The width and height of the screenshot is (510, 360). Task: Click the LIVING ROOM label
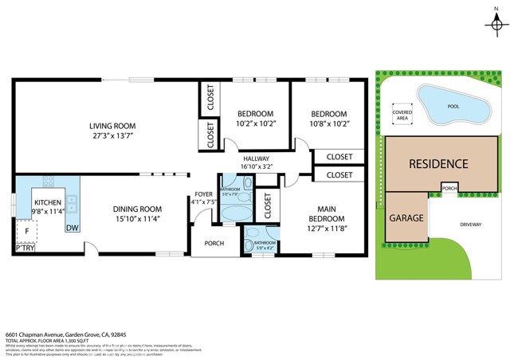tap(112, 131)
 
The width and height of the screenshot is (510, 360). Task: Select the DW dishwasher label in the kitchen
tap(72, 227)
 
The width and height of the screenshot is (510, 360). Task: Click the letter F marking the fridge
tap(27, 231)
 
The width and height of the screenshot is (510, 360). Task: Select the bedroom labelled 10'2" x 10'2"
tap(255, 118)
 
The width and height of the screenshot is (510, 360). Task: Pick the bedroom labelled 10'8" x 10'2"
tap(329, 118)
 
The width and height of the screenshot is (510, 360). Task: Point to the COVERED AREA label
tap(402, 115)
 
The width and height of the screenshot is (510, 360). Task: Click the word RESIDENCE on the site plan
tap(438, 164)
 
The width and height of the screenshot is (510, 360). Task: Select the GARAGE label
tap(405, 217)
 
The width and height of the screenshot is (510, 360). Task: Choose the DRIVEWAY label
tap(470, 225)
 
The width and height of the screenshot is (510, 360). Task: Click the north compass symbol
tap(494, 24)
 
